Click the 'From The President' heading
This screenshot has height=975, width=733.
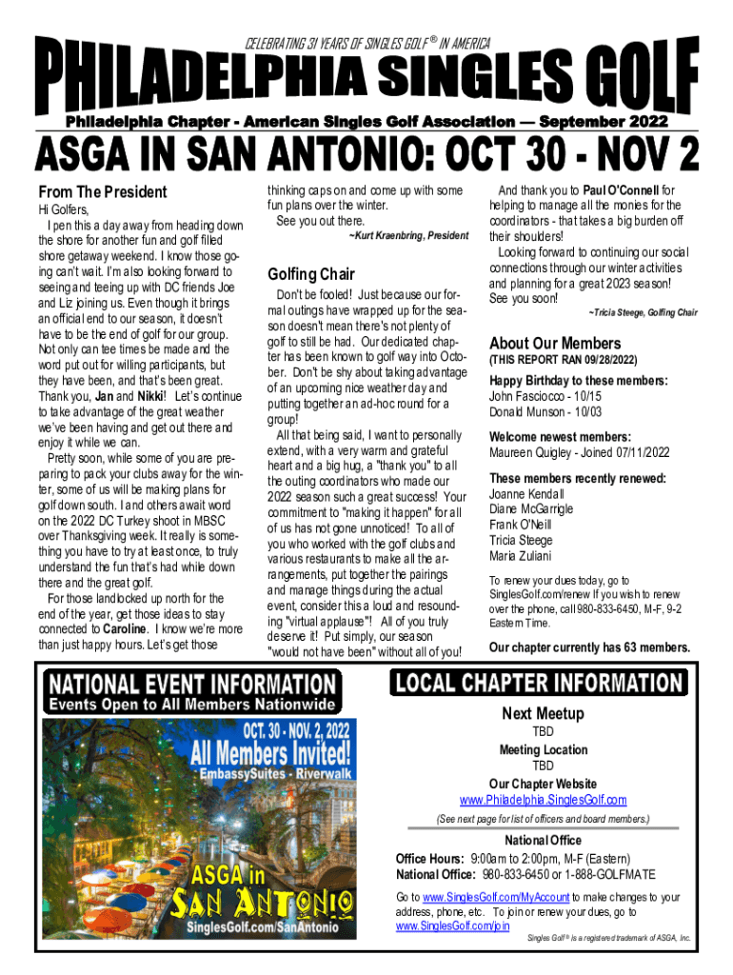click(102, 191)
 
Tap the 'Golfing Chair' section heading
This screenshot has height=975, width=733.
click(311, 274)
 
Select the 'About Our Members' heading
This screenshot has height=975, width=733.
click(554, 343)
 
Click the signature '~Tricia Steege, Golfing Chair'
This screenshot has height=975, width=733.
click(643, 312)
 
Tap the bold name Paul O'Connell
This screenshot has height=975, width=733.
click(622, 189)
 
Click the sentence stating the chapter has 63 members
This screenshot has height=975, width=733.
click(589, 647)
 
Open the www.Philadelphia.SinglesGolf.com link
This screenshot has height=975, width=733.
click(543, 799)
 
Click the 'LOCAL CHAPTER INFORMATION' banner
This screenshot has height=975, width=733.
click(538, 683)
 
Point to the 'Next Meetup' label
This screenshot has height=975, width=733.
click(543, 714)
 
